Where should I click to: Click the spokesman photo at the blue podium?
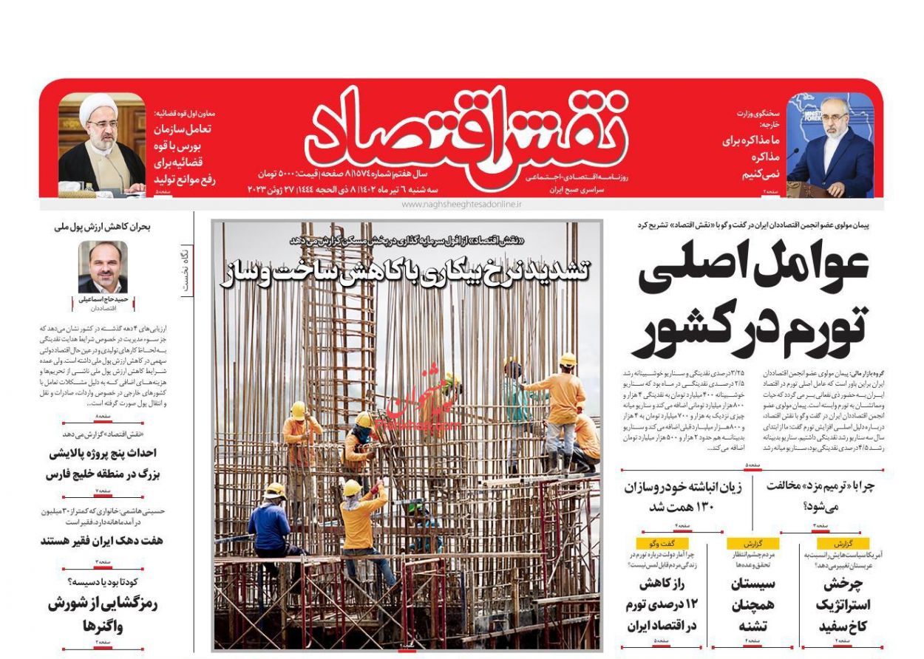[829, 146]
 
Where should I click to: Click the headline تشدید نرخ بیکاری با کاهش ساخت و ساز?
[405, 271]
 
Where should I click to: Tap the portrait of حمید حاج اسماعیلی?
[103, 267]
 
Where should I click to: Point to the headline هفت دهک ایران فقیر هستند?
[102, 541]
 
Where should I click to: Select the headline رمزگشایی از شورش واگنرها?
[103, 615]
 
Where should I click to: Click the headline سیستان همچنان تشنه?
[753, 604]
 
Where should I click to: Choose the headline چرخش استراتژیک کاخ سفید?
[843, 604]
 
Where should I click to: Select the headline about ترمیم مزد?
[820, 496]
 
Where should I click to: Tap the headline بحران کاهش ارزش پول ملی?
[102, 227]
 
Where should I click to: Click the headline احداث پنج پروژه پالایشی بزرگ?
[103, 463]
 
